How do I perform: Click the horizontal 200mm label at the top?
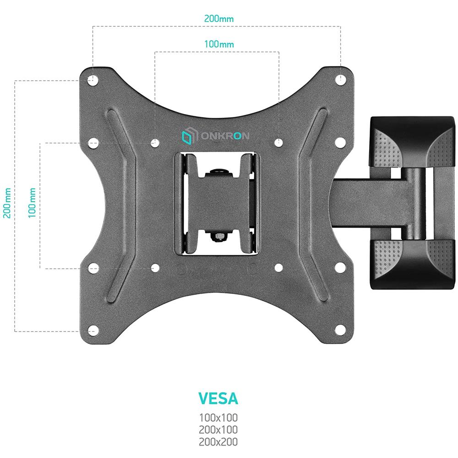click(218, 19)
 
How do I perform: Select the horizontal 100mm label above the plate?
click(219, 44)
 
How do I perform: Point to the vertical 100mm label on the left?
click(32, 202)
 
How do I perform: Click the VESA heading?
click(218, 398)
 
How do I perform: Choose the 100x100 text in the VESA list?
click(218, 418)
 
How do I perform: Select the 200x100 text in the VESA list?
click(218, 430)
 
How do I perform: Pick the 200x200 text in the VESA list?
click(218, 442)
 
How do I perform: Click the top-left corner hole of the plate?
click(93, 80)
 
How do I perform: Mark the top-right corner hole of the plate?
click(340, 80)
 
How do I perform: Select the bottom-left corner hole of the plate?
click(93, 330)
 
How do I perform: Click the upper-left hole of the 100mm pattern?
click(155, 143)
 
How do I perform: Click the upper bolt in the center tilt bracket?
click(218, 173)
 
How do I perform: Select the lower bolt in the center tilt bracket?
click(218, 236)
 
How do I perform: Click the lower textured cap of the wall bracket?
click(412, 263)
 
